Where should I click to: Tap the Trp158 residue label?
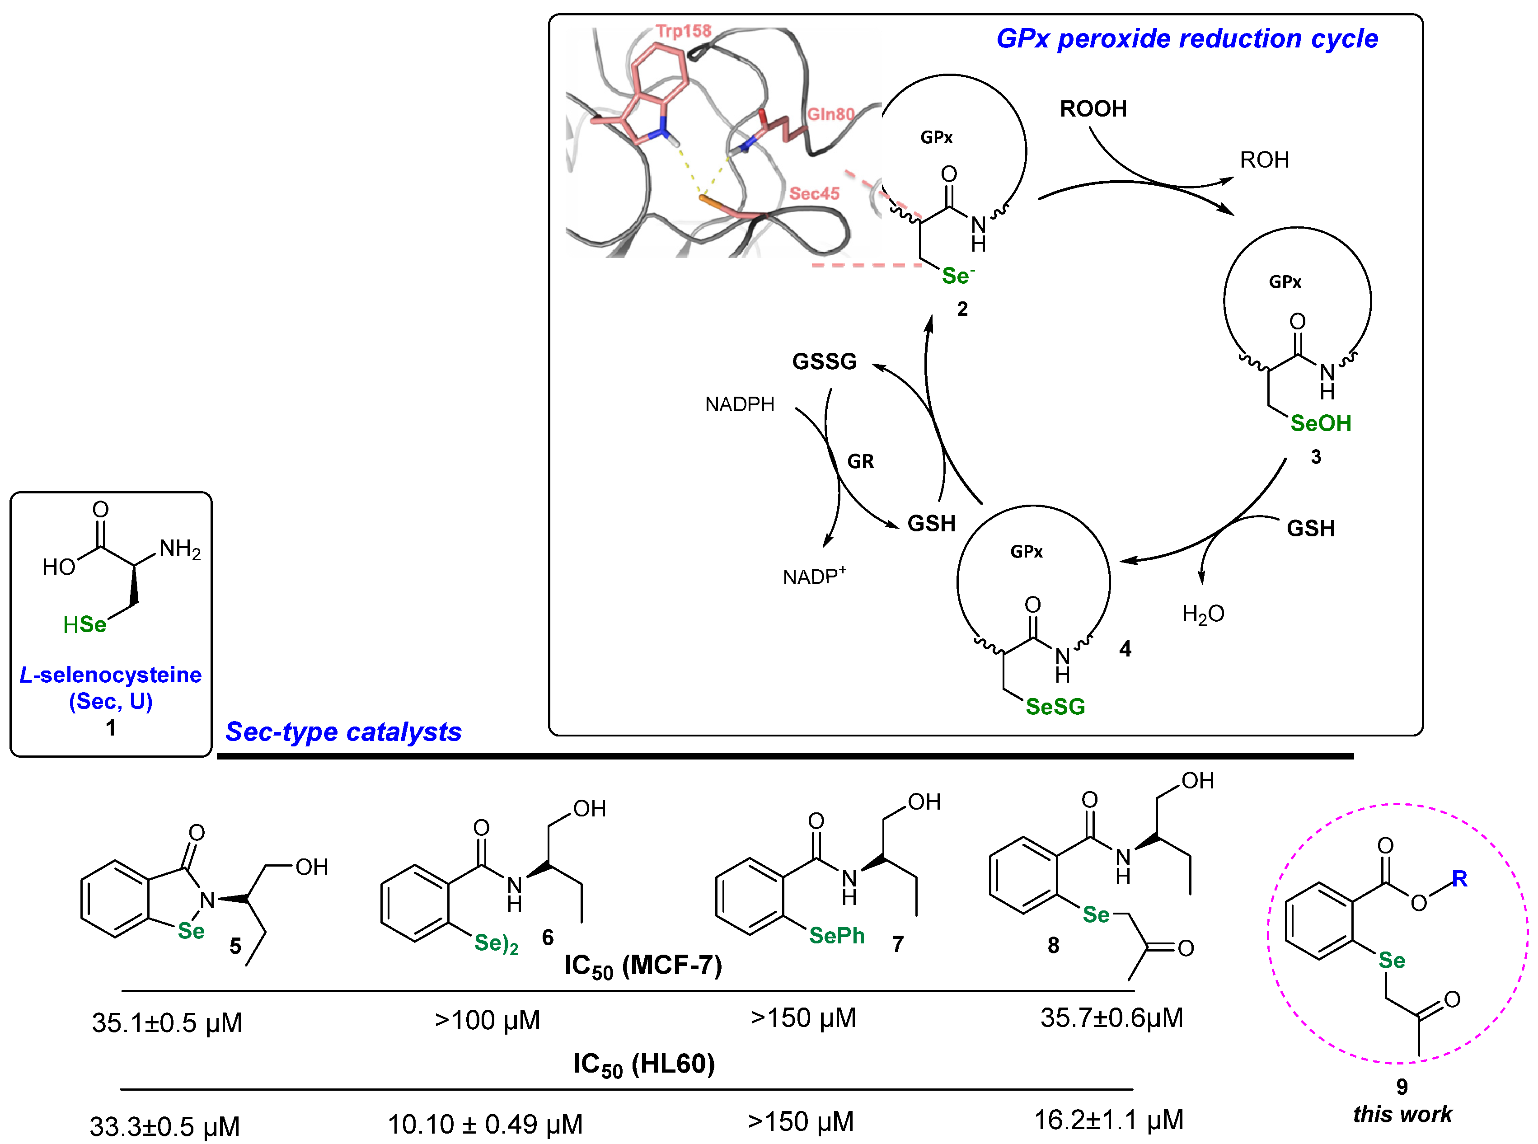coord(684,31)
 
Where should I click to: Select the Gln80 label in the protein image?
coord(830,114)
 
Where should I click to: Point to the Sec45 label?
coord(814,193)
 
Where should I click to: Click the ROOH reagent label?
coord(1093,109)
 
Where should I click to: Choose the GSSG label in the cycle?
coord(824,361)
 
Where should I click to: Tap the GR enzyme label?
coord(860,462)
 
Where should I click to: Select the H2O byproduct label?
coord(1203,614)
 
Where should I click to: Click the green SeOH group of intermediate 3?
coord(1320,423)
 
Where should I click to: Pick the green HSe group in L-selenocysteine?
coord(84,624)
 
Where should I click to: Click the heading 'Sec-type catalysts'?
coord(343,732)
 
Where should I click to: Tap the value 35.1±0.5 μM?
coord(167,1023)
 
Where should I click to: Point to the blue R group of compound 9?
coord(1459,879)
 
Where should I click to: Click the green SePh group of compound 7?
coord(836,936)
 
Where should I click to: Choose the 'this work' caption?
coord(1402,1114)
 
